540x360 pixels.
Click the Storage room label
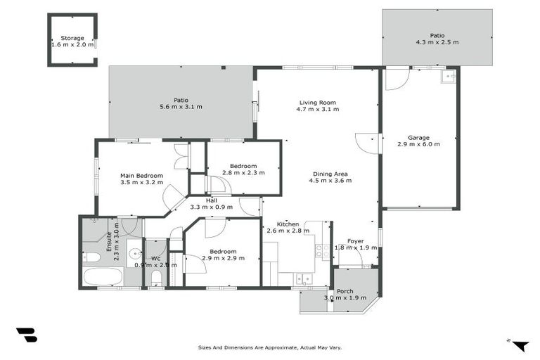tap(72, 38)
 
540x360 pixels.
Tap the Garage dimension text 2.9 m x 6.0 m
tap(418, 144)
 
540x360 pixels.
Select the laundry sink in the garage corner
tap(448, 77)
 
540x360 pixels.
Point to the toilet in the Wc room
tap(156, 278)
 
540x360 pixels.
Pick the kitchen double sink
tap(304, 279)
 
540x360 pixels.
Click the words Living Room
tap(317, 102)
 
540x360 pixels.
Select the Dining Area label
tap(330, 174)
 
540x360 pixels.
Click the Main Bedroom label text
tap(141, 175)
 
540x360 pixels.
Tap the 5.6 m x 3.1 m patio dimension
tap(181, 107)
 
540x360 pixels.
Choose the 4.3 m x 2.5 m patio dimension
tap(437, 42)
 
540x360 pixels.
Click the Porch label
tap(345, 291)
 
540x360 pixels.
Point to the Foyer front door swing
tap(354, 261)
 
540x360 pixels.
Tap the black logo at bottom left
tap(26, 335)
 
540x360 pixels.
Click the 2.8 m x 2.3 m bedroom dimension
tap(243, 172)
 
